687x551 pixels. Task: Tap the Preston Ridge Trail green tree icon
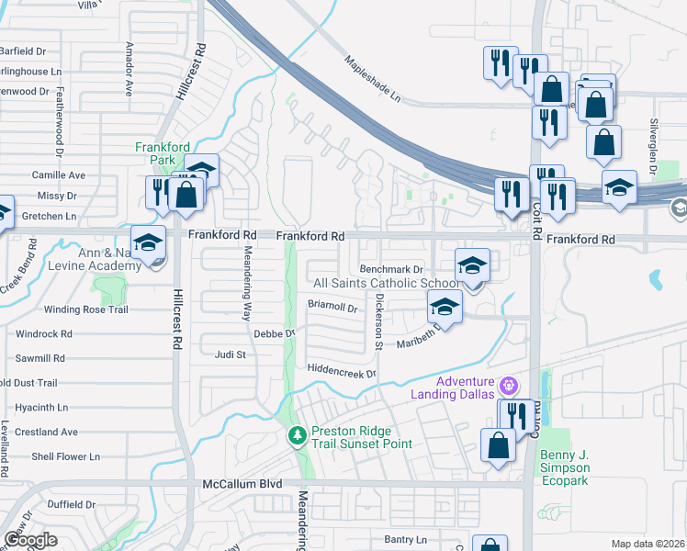coord(296,434)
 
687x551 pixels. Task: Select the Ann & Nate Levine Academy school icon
coord(147,242)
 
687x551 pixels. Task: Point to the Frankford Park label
coord(161,152)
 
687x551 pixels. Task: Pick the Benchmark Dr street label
coord(390,269)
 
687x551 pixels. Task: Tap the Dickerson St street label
coord(377,321)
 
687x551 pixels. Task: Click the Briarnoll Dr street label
coord(332,307)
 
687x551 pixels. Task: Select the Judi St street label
coord(230,354)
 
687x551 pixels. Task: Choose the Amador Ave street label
coord(129,69)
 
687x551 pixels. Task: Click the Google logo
coord(30,540)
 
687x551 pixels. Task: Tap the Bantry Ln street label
coord(406,539)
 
